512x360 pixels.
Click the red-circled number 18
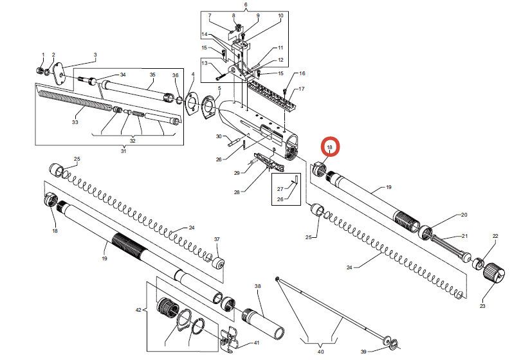tap(329, 147)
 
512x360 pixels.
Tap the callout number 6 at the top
tap(245, 5)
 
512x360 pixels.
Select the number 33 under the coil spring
tap(75, 122)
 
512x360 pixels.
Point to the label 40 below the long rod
tap(321, 352)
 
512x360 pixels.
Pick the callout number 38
tap(258, 286)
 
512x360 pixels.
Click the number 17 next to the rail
tap(301, 89)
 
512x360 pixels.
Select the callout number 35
tap(152, 75)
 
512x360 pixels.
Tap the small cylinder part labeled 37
tap(219, 264)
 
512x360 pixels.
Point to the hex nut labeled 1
tap(40, 70)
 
